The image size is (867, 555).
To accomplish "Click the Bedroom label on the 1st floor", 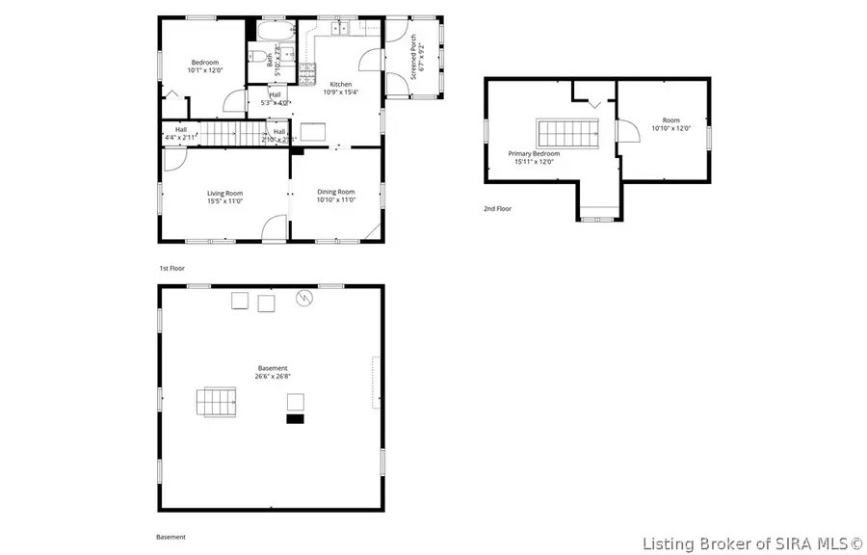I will point(203,63).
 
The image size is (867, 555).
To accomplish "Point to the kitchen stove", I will point(307,70).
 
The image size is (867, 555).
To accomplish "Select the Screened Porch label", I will point(414,58).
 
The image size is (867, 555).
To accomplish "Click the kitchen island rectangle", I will point(313,132).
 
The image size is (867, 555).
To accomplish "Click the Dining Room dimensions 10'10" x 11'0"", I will point(336,199).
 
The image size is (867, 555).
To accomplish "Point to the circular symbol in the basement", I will point(305,298).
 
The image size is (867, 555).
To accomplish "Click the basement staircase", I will point(216,402).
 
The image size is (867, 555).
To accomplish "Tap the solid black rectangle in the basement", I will point(295,418).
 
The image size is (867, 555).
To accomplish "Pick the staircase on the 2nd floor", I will point(567,132).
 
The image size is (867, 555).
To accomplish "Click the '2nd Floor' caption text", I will point(498,208).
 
